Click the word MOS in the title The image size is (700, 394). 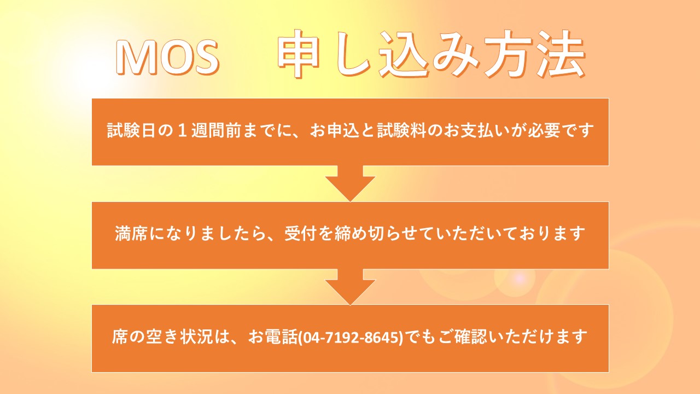168,57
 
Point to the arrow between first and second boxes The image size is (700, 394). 350,183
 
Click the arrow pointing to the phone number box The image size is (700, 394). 350,287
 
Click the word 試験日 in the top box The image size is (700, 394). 132,130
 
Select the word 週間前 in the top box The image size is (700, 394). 216,130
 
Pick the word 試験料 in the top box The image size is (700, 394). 401,130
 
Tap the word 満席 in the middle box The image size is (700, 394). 131,234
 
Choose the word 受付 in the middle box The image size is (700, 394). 300,234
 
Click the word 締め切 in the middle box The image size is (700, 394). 359,234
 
